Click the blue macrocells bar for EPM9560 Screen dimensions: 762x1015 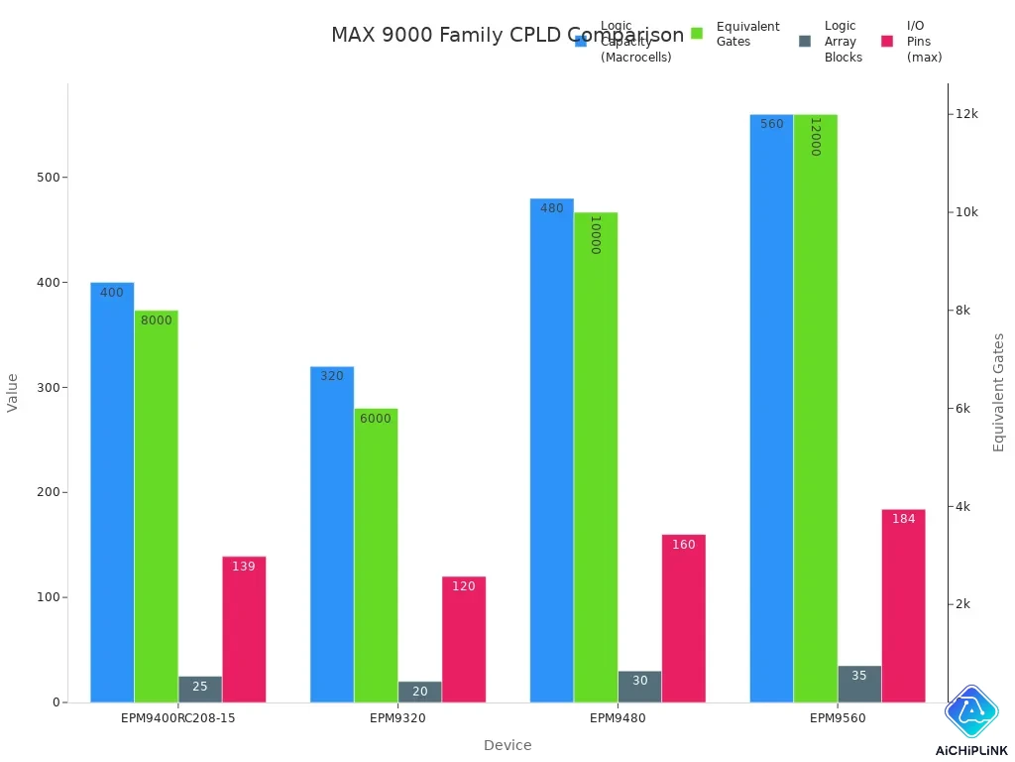point(771,408)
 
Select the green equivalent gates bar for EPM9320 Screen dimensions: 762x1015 point(376,555)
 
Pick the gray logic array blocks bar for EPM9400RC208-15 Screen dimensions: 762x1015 point(200,689)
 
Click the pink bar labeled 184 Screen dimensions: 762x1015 point(903,605)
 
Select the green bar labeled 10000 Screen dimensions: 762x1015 point(596,456)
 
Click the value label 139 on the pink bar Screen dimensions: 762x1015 point(244,567)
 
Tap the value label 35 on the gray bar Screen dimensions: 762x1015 point(859,676)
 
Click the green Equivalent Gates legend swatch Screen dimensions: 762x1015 point(696,34)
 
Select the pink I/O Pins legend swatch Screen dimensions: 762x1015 point(887,42)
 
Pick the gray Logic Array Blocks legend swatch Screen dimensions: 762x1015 point(805,42)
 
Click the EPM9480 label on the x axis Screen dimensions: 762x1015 point(618,718)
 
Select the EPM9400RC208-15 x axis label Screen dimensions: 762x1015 point(178,718)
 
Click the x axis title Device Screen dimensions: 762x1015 point(507,745)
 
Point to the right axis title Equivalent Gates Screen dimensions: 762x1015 point(999,392)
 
